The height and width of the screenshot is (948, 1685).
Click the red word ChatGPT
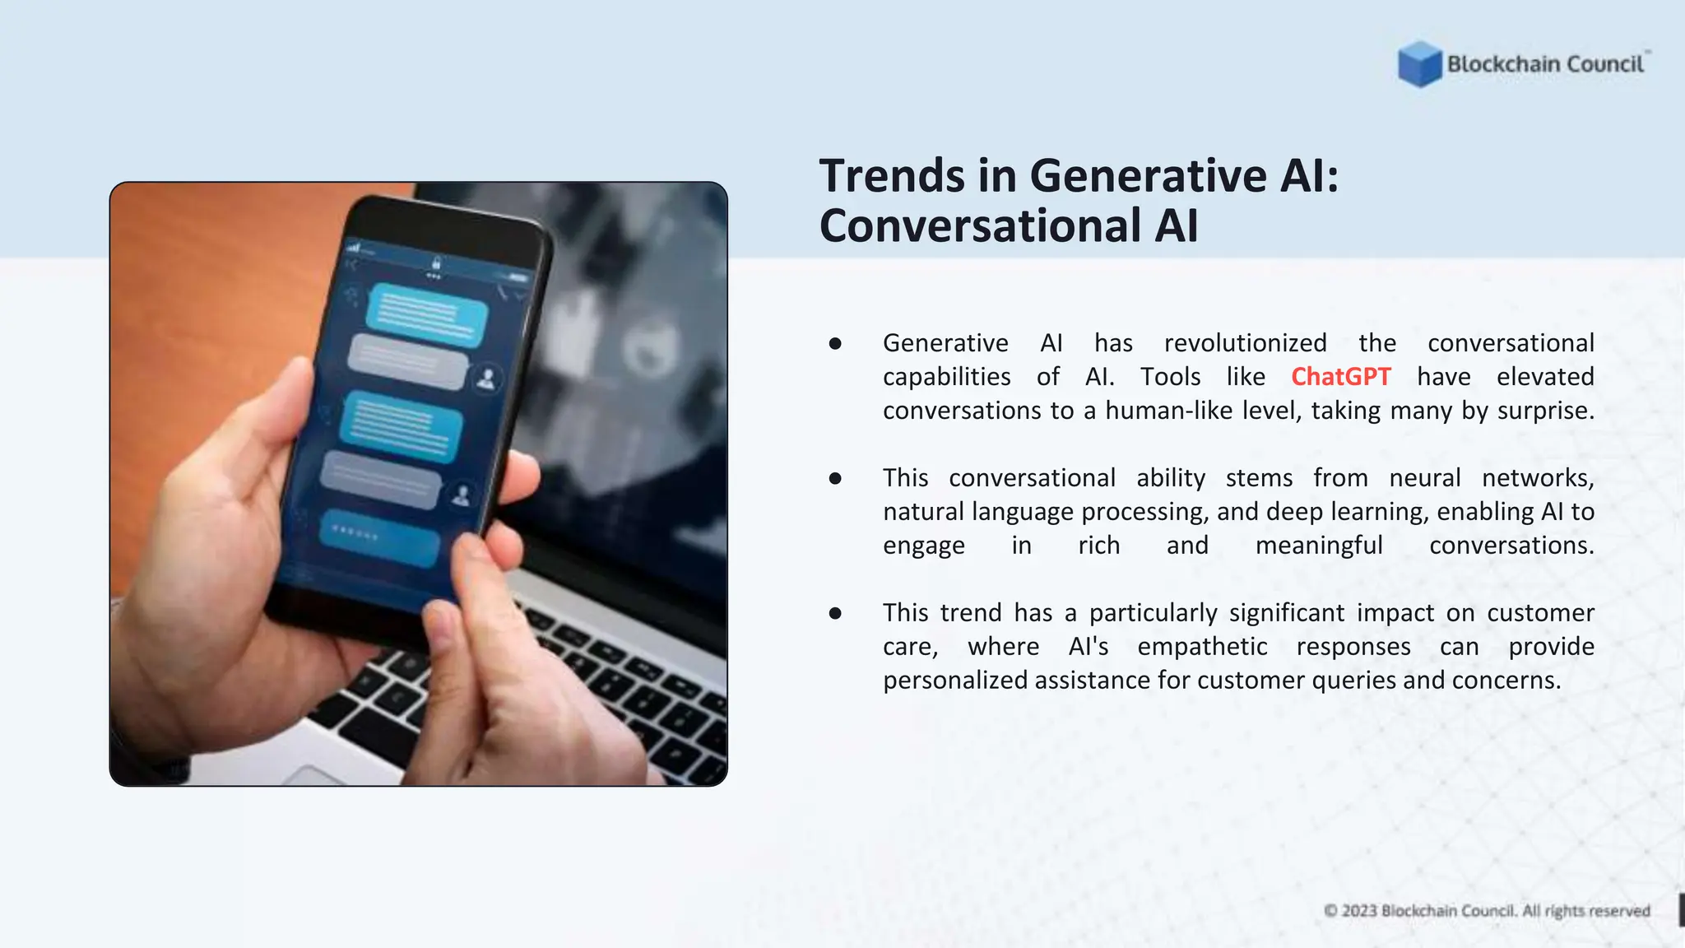1340,377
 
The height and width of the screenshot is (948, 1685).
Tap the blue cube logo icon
1419,64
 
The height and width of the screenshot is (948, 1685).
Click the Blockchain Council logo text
1545,64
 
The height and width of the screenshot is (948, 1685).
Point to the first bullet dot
835,343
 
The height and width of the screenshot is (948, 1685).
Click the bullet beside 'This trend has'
835,613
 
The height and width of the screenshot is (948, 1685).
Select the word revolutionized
1245,343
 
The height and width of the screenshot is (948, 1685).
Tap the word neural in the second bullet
1424,478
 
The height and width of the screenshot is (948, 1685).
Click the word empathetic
1202,647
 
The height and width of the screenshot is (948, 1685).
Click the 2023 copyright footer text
1486,911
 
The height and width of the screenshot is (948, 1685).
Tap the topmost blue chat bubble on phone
425,314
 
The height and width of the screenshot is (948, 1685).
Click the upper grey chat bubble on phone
407,361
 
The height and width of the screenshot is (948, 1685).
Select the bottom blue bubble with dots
379,538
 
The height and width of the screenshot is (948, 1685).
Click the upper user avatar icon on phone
488,379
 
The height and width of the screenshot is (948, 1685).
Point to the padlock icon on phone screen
436,263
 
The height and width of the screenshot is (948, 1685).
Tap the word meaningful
1319,546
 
